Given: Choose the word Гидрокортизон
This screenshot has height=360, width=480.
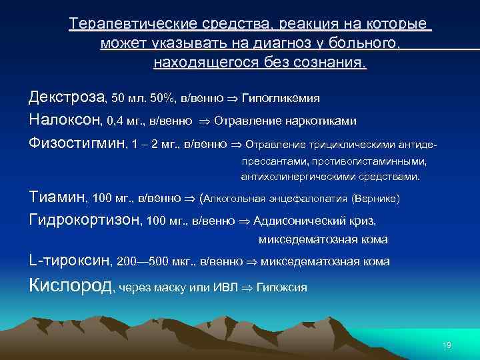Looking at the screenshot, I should click(x=85, y=219).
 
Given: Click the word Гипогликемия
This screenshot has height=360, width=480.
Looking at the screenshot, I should click(x=280, y=99).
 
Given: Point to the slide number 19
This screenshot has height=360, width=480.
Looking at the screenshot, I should click(x=447, y=345).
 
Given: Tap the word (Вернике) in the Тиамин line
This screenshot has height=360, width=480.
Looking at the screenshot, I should click(x=375, y=199).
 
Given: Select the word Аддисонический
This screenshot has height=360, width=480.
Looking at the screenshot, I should click(x=294, y=221).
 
